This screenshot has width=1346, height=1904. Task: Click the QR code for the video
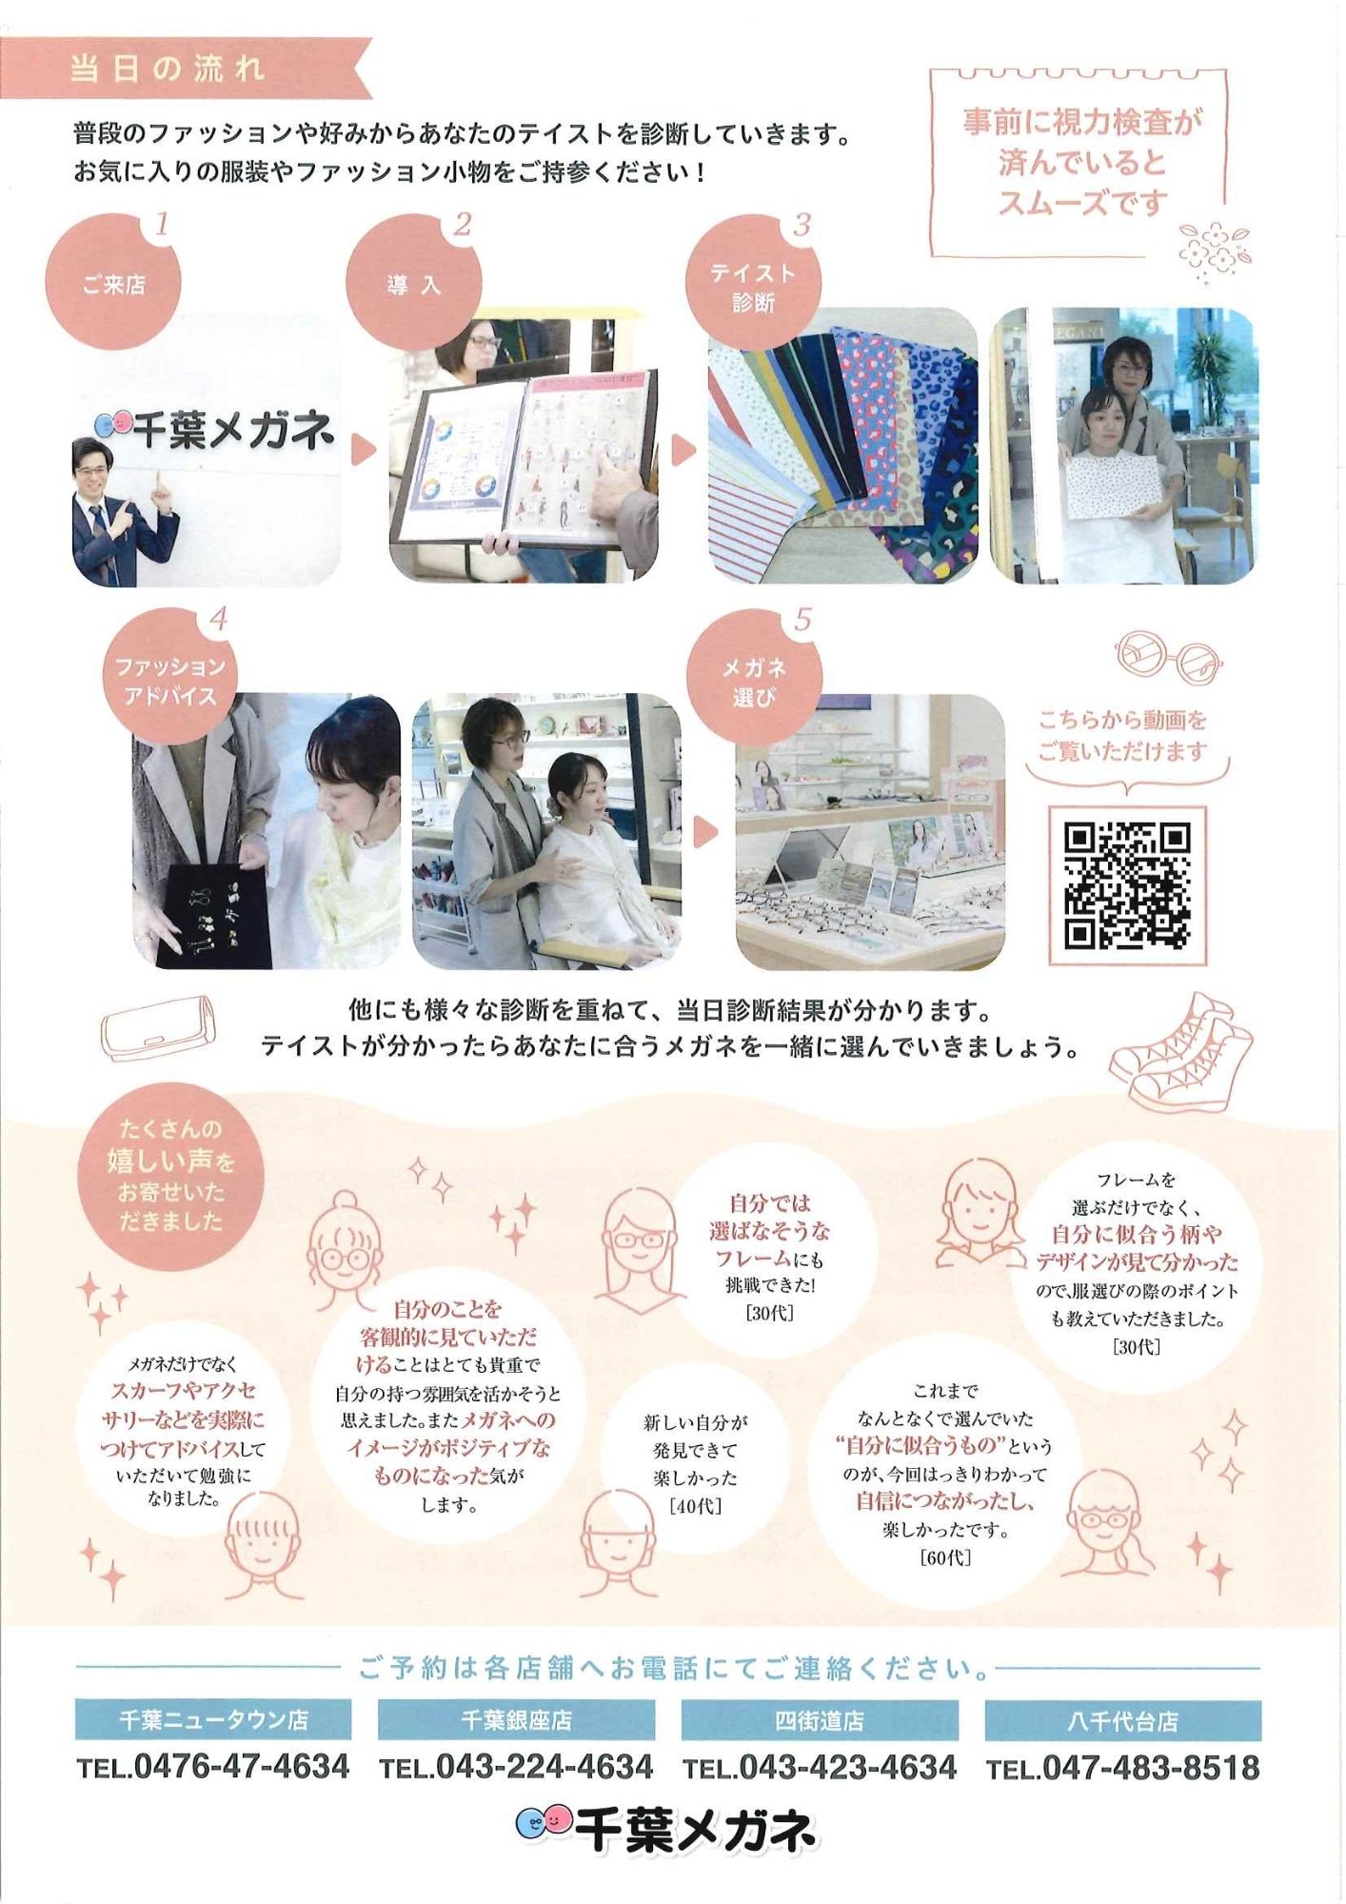[1127, 886]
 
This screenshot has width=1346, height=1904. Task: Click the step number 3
[802, 226]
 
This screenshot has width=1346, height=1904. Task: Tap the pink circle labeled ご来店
[113, 283]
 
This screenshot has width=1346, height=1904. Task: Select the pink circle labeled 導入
[414, 283]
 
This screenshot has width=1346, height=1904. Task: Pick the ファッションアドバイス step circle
[169, 680]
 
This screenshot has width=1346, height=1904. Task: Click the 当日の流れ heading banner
[187, 69]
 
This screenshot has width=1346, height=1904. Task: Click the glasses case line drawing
[158, 1028]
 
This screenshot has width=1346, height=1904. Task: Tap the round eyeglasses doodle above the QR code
[1168, 658]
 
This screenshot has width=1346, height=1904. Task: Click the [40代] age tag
[696, 1506]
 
